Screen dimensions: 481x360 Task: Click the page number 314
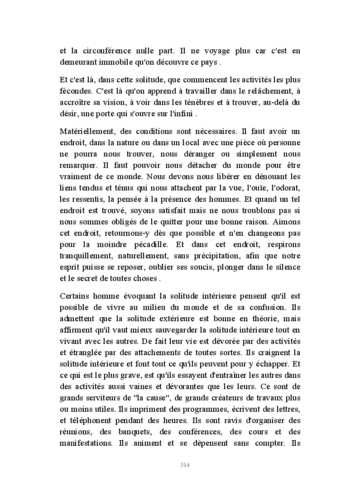[184, 465]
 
